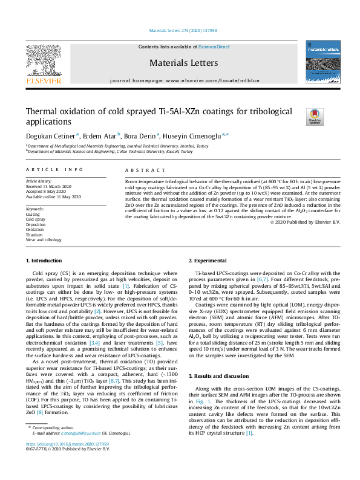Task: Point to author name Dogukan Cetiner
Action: (x=50, y=135)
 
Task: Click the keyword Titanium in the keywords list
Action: (x=34, y=235)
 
